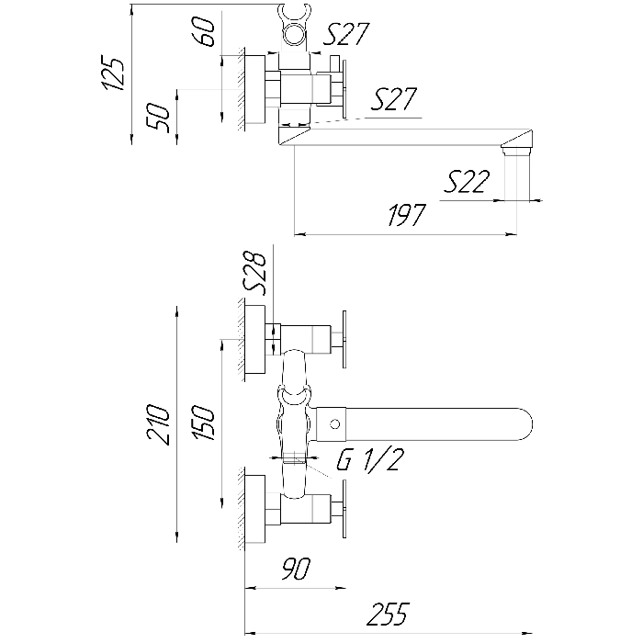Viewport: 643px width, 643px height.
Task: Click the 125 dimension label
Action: click(113, 73)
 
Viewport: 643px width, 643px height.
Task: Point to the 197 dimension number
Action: click(407, 215)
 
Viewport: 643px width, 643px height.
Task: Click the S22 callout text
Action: click(467, 182)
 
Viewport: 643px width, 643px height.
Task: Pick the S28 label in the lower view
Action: click(255, 274)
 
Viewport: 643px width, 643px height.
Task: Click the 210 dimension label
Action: click(159, 424)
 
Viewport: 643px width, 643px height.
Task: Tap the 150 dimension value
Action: click(204, 423)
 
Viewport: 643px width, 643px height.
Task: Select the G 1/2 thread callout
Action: click(369, 459)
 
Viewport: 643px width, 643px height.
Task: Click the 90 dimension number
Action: click(296, 569)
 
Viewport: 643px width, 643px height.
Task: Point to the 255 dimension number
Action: click(388, 614)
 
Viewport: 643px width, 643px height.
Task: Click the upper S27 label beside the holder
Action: click(346, 34)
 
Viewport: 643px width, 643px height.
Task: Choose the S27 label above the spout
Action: click(394, 99)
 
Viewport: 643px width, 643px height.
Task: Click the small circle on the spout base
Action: click(335, 424)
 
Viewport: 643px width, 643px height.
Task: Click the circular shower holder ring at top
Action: click(296, 33)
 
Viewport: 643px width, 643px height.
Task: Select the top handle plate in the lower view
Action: click(344, 339)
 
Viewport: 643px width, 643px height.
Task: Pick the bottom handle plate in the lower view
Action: click(344, 509)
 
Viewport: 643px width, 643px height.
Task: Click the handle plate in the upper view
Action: click(344, 90)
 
